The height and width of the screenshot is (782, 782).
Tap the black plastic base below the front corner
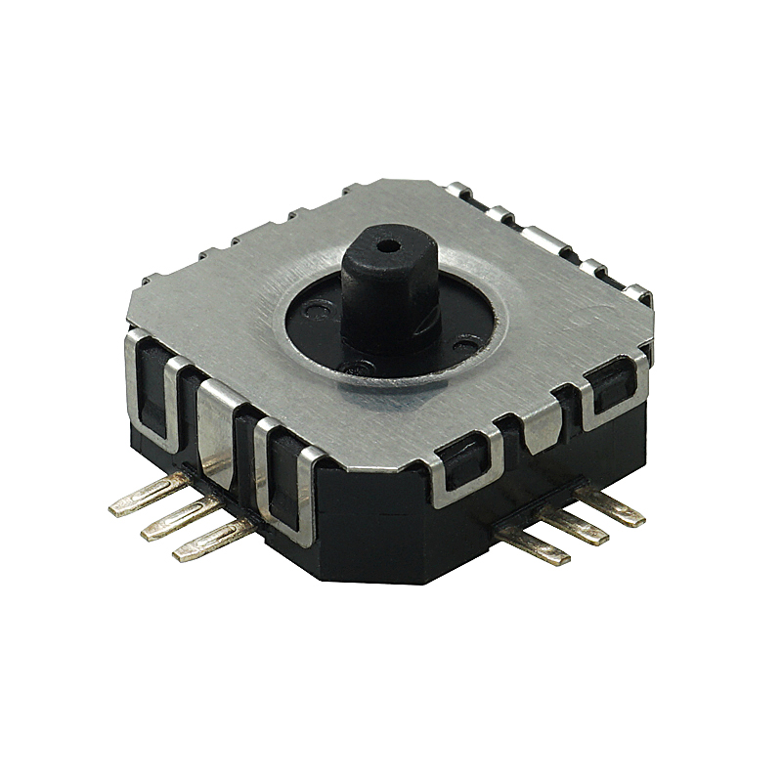391,547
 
